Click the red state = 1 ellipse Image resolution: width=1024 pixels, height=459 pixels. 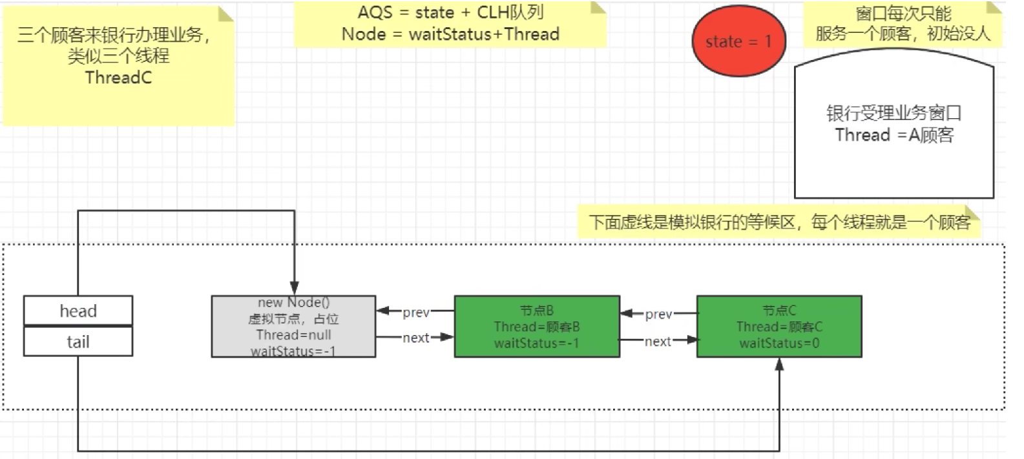tap(738, 42)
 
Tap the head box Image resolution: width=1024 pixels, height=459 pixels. tap(78, 311)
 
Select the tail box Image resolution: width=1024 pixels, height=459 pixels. tap(78, 342)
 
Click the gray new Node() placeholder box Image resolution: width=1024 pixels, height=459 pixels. tap(293, 326)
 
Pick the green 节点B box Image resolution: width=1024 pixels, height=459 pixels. tap(537, 326)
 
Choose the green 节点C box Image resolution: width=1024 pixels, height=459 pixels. tap(779, 326)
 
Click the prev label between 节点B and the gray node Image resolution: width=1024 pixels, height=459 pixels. tap(416, 312)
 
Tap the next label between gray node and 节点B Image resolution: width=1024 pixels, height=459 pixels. tap(416, 338)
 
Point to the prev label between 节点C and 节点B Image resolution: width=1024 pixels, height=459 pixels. tap(658, 314)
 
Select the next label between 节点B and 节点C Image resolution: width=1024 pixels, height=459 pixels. tap(658, 342)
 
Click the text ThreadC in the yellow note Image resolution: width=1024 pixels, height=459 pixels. tap(118, 77)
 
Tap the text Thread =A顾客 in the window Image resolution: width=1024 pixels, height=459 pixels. tap(894, 135)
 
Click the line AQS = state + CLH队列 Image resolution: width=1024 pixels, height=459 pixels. tap(450, 12)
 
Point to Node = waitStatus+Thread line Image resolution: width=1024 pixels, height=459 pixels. tap(450, 34)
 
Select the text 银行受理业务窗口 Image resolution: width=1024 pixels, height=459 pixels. tap(894, 113)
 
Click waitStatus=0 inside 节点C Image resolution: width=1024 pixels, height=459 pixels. tap(779, 343)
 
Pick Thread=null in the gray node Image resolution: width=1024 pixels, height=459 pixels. tap(293, 334)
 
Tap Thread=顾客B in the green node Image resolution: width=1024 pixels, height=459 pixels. tap(537, 327)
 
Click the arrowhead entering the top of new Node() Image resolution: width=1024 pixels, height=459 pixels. tap(295, 289)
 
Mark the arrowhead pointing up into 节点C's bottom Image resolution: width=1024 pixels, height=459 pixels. tap(779, 365)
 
